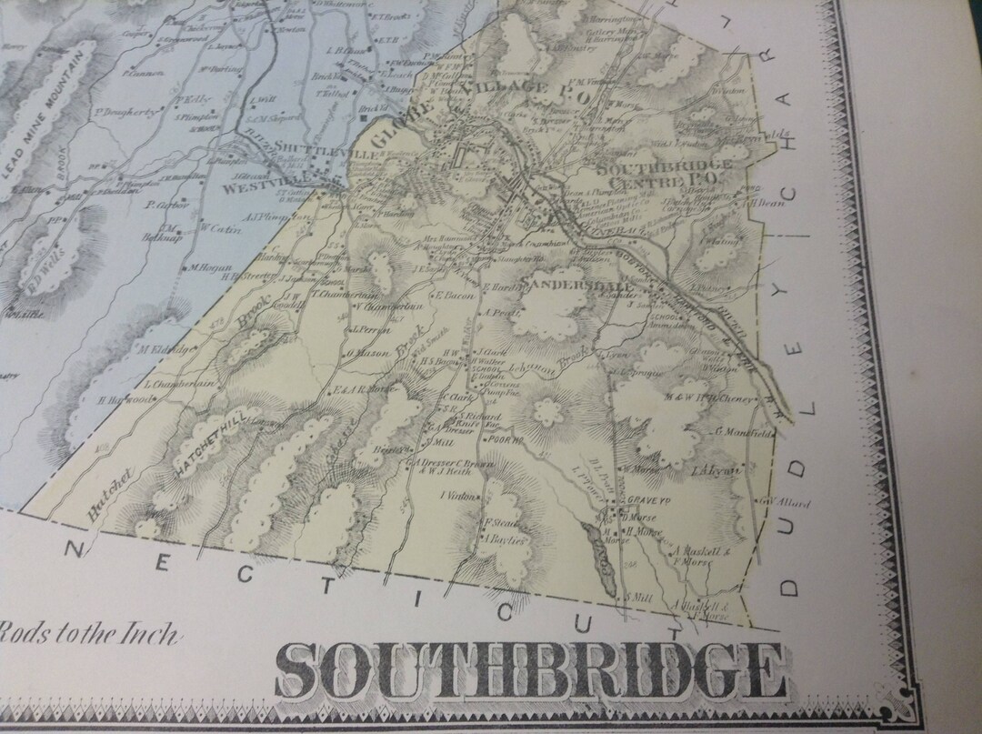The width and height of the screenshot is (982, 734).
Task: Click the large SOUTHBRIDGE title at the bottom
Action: click(x=530, y=671)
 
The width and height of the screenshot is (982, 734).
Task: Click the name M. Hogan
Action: click(x=206, y=267)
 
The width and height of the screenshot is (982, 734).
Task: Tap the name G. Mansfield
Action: click(x=745, y=433)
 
